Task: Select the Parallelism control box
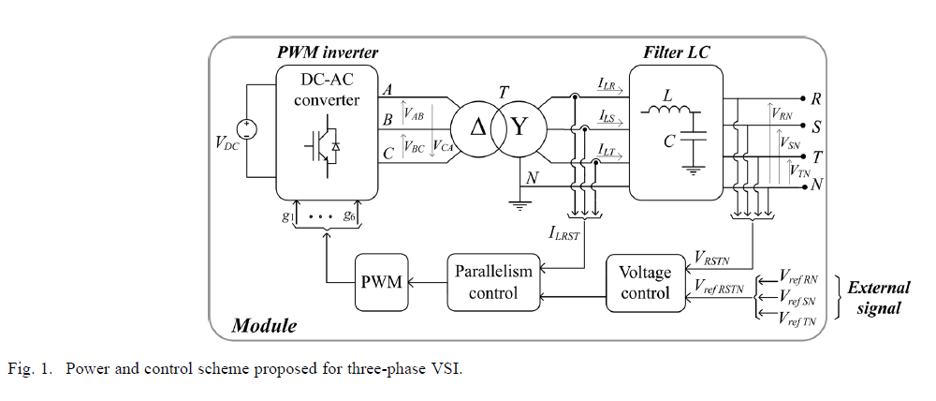click(x=492, y=282)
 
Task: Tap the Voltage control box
click(x=646, y=282)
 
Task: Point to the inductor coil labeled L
click(x=666, y=113)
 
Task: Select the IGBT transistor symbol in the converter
click(x=318, y=143)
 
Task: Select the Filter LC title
click(x=677, y=51)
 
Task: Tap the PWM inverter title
click(x=328, y=51)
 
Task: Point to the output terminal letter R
click(x=816, y=98)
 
